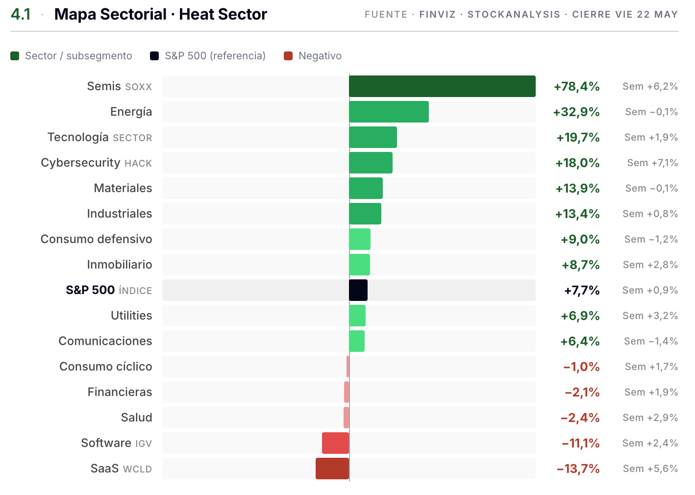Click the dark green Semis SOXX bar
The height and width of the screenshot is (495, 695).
coord(442,86)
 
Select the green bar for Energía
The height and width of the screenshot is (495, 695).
coord(389,112)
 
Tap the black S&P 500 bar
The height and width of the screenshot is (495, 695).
coord(358,290)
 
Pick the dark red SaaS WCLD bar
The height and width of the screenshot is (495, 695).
coord(332,469)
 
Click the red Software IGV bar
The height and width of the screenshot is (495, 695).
coord(335,443)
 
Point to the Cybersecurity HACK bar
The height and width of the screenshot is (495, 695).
coord(371,163)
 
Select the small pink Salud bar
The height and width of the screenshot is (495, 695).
coord(346,418)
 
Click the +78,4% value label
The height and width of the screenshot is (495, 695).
coord(577,87)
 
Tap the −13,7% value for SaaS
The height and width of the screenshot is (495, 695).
coord(578,469)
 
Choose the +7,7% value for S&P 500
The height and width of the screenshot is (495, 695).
coord(582,291)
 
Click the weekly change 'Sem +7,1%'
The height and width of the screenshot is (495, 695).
coord(652,163)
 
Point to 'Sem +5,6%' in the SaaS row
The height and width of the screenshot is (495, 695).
coord(650,469)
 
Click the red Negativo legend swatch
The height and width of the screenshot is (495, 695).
coord(288,56)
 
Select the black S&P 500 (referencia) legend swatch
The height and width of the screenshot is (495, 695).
coord(154,56)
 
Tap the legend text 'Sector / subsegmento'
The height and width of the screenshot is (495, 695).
coord(78,56)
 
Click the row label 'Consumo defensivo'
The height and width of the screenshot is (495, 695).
coord(96,239)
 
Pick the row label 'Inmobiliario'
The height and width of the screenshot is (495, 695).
coord(120,265)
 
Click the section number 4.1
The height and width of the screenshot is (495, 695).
coord(21,14)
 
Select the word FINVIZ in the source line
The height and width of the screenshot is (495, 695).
coord(438,14)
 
